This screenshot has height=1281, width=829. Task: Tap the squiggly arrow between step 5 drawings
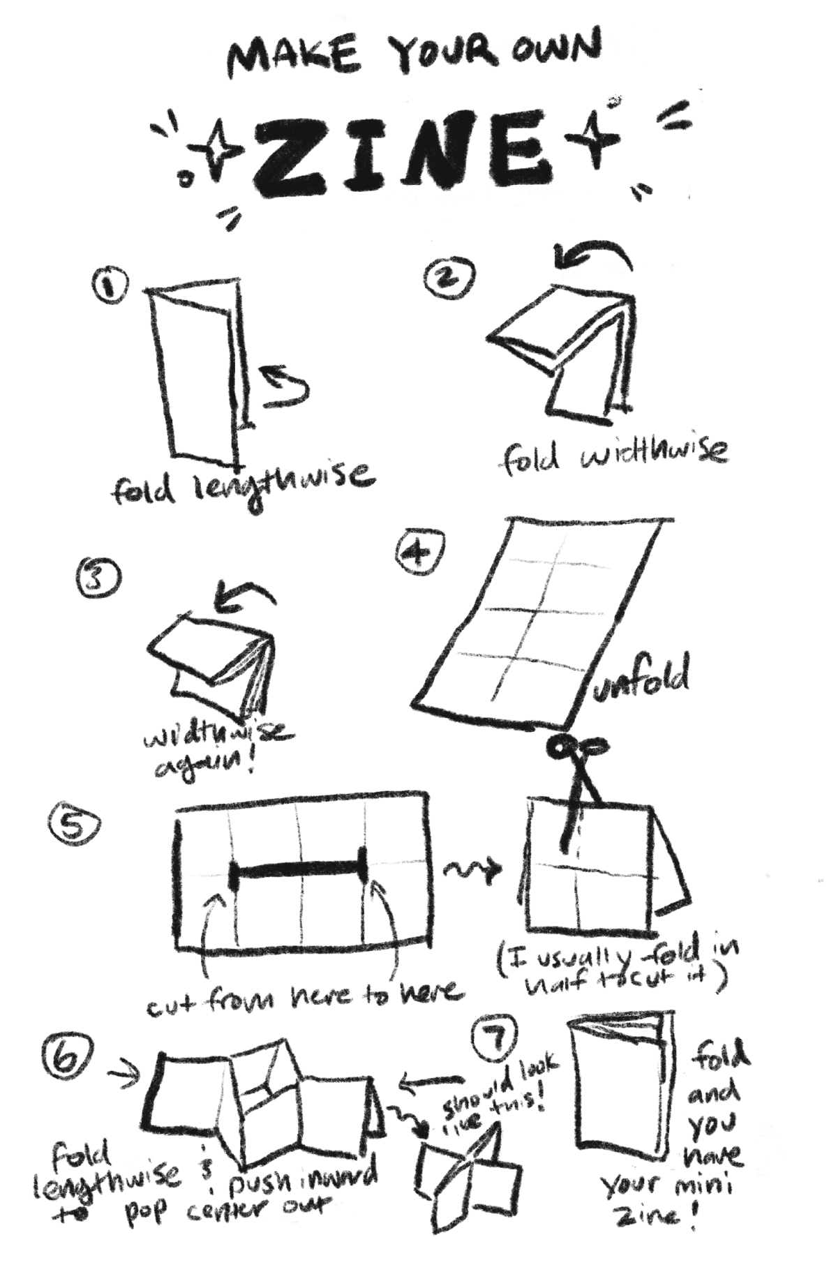[472, 869]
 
